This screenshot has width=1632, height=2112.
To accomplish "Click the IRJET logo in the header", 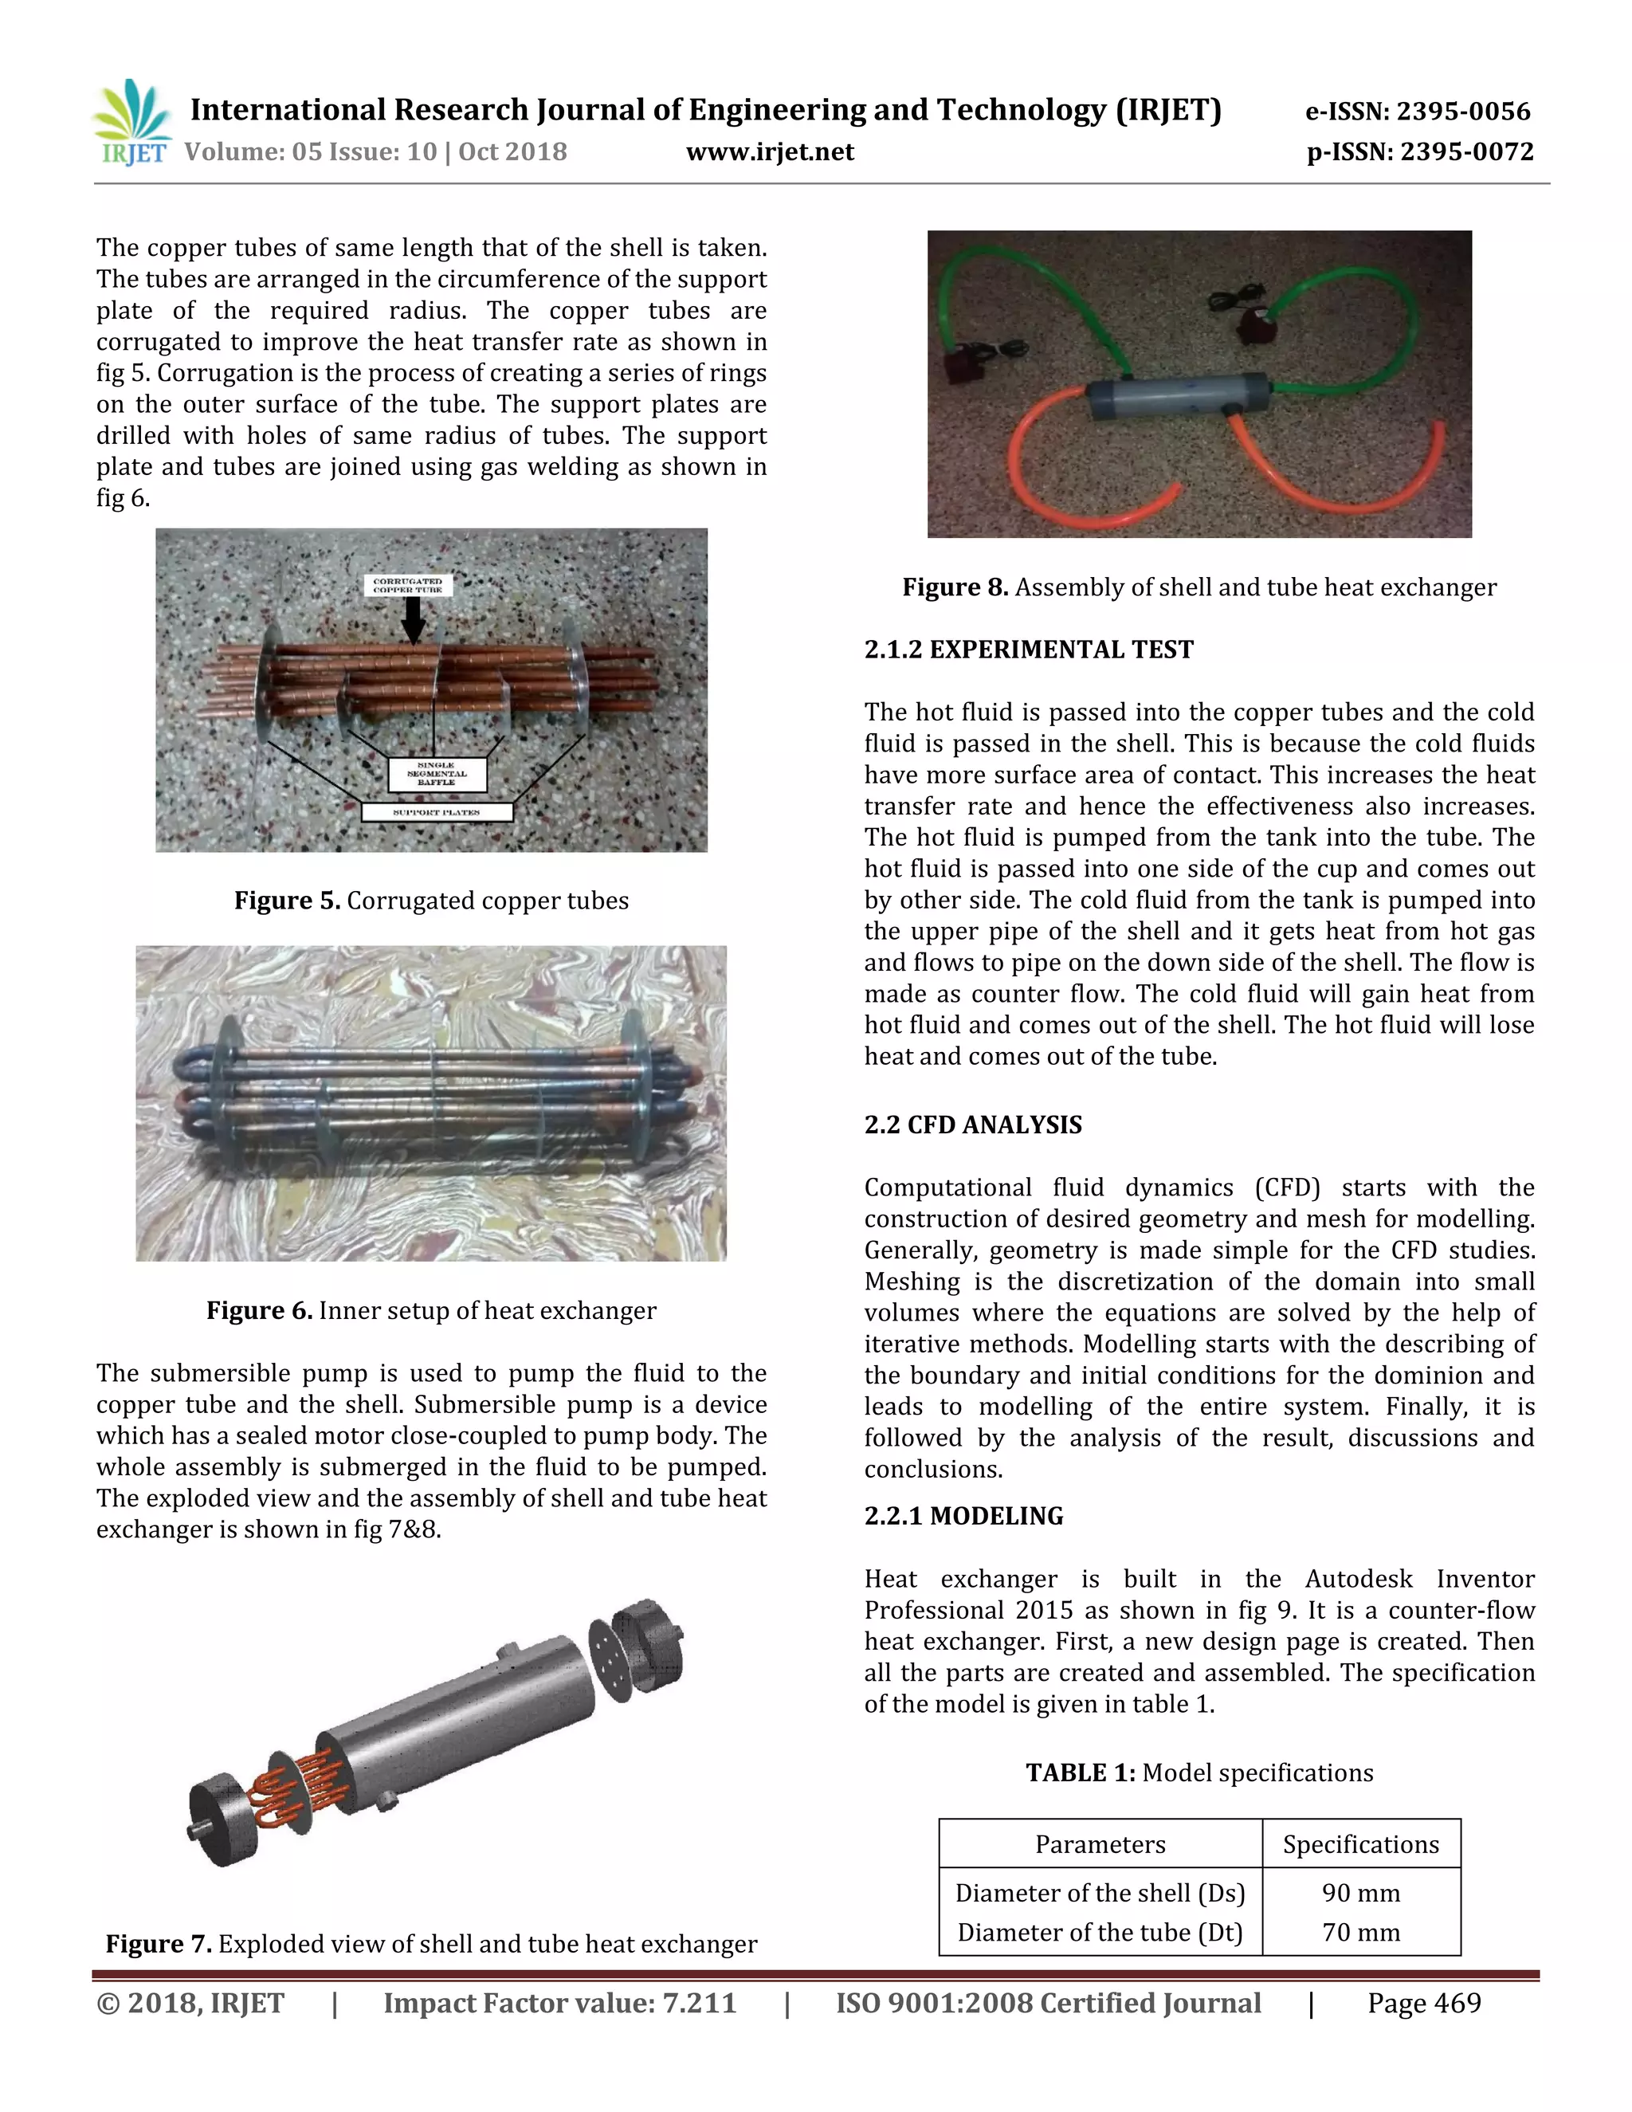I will click(x=133, y=124).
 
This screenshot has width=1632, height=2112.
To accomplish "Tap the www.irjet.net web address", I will click(x=770, y=151).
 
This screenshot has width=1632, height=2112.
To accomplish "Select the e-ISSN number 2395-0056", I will click(x=1418, y=112).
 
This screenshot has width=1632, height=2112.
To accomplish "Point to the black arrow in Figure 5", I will click(x=413, y=620).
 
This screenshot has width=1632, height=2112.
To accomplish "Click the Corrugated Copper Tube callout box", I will click(x=408, y=585).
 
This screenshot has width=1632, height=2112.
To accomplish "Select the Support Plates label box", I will click(x=436, y=812).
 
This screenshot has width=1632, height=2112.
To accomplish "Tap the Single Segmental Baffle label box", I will click(x=437, y=774).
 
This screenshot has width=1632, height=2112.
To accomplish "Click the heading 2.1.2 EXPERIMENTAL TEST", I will click(x=1029, y=649).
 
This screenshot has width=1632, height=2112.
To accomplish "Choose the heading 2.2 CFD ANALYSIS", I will click(x=973, y=1125).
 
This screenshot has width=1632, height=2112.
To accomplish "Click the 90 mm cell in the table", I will click(x=1360, y=1894).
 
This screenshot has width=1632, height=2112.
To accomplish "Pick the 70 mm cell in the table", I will click(x=1360, y=1933).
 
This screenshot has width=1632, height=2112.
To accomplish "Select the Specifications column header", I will click(x=1360, y=1844).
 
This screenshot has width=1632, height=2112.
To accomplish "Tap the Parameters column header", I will click(x=1100, y=1844).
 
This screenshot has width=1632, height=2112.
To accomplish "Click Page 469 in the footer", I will click(x=1423, y=2003).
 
